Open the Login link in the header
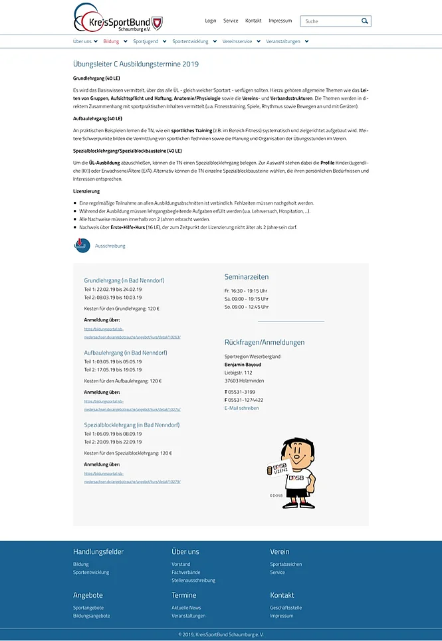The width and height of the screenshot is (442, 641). click(211, 21)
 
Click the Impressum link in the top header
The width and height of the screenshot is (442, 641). click(280, 21)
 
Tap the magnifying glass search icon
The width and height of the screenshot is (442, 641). click(364, 21)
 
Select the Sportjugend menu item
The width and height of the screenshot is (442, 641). click(146, 41)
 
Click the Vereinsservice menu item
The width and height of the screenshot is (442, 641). click(237, 41)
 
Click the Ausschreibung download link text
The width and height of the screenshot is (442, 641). click(110, 246)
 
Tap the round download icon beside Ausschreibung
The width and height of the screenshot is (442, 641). click(82, 245)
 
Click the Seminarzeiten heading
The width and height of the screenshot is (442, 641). click(247, 277)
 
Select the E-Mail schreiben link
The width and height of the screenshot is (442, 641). click(241, 408)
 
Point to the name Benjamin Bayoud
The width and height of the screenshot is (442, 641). click(243, 365)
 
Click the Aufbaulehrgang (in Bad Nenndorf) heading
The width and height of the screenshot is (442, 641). click(126, 353)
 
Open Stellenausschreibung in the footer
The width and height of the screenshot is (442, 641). click(193, 580)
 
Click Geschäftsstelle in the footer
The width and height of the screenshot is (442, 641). click(286, 607)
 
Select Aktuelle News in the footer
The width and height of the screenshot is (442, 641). click(186, 607)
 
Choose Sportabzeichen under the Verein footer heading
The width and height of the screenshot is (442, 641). click(286, 564)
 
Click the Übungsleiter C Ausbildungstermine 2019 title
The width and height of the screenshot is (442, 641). click(136, 64)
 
